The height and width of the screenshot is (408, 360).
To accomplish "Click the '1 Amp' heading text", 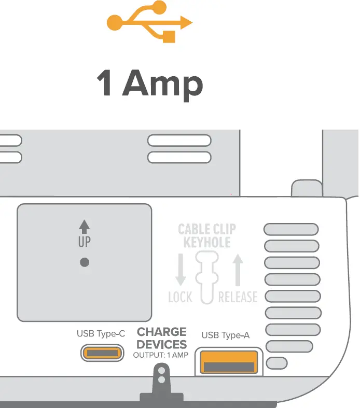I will tap(149, 83).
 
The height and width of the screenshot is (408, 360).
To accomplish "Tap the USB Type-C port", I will tap(102, 354).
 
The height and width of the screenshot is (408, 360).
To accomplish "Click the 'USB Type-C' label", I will tap(101, 334).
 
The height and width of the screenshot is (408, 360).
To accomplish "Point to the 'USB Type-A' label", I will tap(225, 335).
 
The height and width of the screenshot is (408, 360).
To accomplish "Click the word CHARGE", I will tap(161, 332).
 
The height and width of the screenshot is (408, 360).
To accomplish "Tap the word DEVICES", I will tap(161, 344).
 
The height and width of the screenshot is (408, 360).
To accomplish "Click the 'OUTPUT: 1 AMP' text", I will tap(161, 355).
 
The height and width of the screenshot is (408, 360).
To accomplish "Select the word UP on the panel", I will tap(85, 242).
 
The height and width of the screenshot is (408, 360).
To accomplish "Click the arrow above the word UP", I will tap(85, 226).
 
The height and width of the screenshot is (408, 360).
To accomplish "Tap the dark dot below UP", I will tap(85, 262).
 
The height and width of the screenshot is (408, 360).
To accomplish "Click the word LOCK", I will tap(180, 297).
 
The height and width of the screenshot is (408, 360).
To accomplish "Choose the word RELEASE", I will tap(238, 297).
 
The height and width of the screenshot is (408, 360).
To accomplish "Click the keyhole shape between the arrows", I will tap(207, 275).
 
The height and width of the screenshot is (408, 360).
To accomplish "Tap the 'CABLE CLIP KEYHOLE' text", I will tap(207, 235).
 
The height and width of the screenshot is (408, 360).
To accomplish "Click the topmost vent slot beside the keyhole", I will tap(291, 229).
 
